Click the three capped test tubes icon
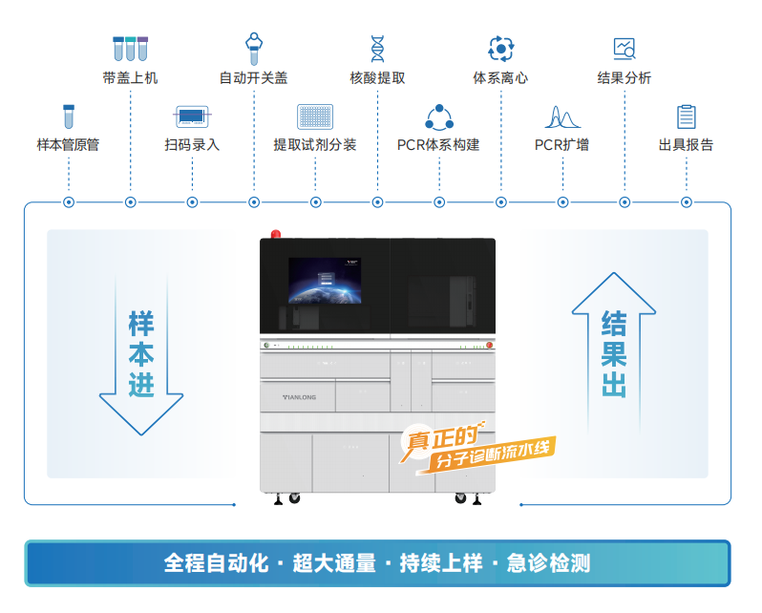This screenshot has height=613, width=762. click(130, 49)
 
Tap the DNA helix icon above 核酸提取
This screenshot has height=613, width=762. click(377, 49)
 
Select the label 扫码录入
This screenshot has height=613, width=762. click(192, 144)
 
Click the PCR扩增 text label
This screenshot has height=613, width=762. click(561, 144)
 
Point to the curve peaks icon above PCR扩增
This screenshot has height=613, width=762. click(562, 116)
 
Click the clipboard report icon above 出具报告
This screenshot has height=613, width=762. click(687, 116)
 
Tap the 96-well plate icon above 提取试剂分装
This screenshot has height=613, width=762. click(315, 116)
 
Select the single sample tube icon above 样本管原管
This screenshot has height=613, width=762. click(69, 116)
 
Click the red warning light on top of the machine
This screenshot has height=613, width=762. click(276, 234)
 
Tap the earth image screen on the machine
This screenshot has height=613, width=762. click(325, 281)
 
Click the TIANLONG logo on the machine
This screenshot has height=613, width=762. click(300, 397)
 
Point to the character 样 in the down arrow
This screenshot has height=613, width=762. click(141, 324)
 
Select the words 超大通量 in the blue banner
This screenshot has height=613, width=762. click(334, 563)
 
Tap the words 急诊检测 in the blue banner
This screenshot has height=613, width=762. click(549, 563)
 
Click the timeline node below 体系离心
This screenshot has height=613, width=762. click(501, 202)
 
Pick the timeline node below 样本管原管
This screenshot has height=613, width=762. click(69, 202)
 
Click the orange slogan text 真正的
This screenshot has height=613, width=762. click(442, 437)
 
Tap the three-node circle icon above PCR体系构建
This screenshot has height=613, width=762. click(439, 117)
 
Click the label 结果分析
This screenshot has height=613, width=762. click(624, 77)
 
